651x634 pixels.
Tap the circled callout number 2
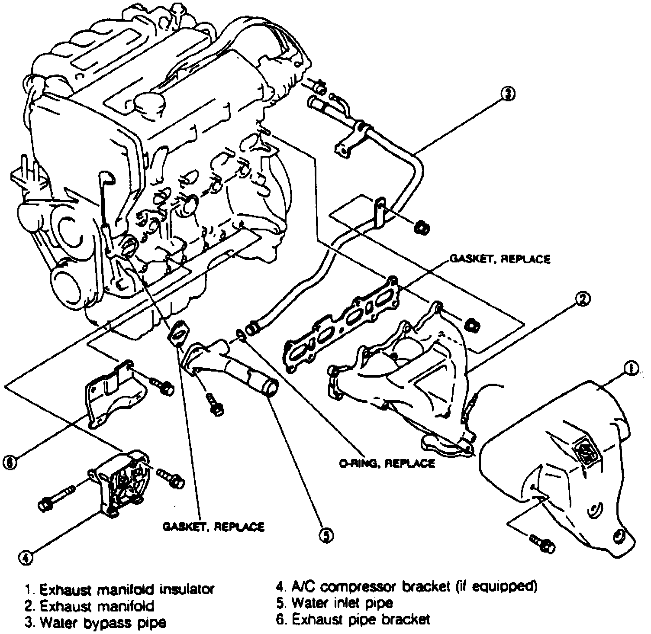pyautogui.click(x=583, y=298)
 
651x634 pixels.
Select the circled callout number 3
pyautogui.click(x=508, y=93)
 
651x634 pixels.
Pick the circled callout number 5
pyautogui.click(x=326, y=536)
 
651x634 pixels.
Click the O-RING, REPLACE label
pyautogui.click(x=387, y=463)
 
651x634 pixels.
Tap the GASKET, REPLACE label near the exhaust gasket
pyautogui.click(x=500, y=259)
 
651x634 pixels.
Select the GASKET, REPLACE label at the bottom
pyautogui.click(x=213, y=527)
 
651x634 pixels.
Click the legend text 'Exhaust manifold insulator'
pyautogui.click(x=126, y=589)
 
